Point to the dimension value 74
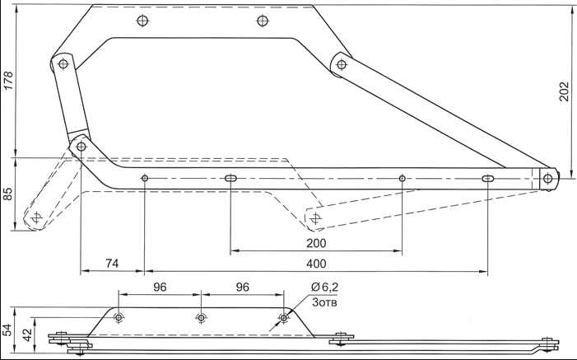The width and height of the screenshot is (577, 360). (113, 263)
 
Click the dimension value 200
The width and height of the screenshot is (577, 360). (316, 243)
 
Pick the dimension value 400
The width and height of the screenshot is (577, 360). (316, 263)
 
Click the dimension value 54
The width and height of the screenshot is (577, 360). (8, 330)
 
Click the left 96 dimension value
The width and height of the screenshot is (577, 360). (159, 288)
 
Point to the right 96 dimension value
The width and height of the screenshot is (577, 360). (242, 288)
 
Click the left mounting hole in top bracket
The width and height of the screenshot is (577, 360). (142, 21)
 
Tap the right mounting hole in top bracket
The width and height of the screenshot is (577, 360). (262, 21)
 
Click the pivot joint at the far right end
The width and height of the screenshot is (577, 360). (548, 175)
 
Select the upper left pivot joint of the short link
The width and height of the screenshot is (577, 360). (61, 64)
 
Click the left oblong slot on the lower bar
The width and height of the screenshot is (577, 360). (230, 178)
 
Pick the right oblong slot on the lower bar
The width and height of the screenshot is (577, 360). (488, 178)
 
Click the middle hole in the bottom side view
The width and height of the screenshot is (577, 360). (200, 317)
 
